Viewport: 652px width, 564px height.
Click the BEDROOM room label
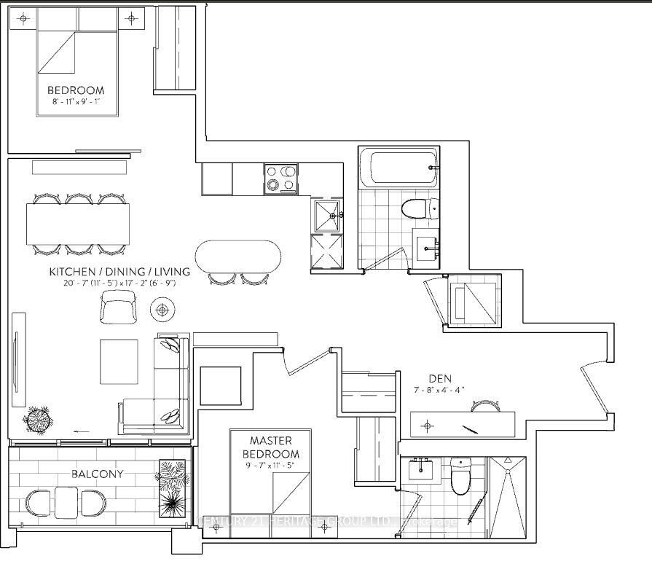(x=76, y=90)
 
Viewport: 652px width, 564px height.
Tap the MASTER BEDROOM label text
(x=270, y=447)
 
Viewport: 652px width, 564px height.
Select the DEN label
(x=439, y=379)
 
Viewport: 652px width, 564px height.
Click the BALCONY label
(x=97, y=474)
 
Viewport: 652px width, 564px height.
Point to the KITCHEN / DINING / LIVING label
(x=119, y=272)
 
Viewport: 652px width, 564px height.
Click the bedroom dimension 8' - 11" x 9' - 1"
(x=76, y=102)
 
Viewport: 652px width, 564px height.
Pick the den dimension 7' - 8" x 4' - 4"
(x=439, y=391)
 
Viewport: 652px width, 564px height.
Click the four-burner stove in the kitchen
(x=280, y=179)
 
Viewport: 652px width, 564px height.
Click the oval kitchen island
(x=238, y=256)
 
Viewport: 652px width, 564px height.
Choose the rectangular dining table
(x=79, y=224)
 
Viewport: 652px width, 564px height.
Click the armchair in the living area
(x=118, y=306)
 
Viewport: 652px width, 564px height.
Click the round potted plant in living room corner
(x=38, y=418)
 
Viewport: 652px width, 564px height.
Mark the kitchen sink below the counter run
(x=326, y=215)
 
